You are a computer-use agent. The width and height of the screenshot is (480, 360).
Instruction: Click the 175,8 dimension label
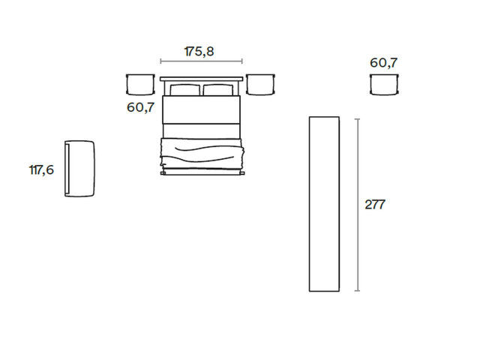tap(199, 52)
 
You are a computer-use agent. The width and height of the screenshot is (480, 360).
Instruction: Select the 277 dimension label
tap(375, 205)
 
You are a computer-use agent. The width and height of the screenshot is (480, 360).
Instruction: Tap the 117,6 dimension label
tap(41, 170)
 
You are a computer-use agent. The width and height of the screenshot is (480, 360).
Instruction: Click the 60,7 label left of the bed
tap(141, 107)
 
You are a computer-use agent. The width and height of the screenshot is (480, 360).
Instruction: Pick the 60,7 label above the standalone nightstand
tap(383, 63)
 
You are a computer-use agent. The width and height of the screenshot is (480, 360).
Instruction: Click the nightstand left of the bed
tap(140, 84)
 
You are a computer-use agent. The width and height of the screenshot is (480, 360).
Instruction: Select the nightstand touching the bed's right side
tap(260, 84)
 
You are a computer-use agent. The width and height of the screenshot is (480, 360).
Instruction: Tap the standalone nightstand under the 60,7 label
tap(384, 85)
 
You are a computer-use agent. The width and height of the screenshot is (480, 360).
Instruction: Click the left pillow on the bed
tap(185, 90)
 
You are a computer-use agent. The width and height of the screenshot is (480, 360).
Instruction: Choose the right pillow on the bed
tap(218, 90)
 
